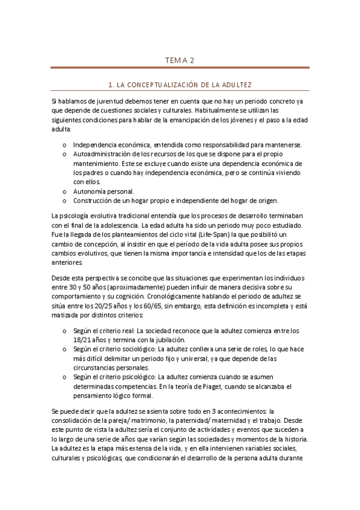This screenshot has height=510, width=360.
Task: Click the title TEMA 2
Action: point(180,60)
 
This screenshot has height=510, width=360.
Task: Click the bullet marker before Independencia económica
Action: point(65,146)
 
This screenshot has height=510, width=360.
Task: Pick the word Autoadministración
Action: point(101,155)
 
